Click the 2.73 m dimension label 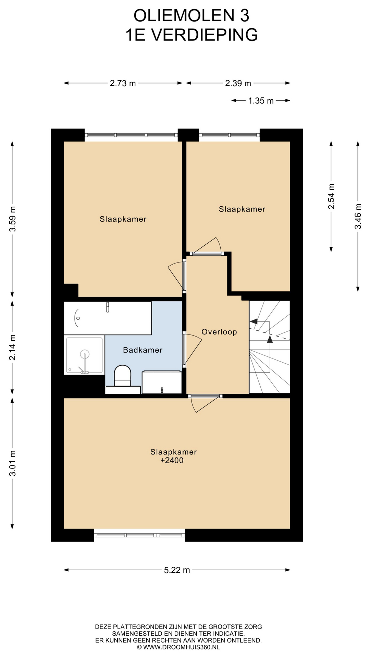[x=123, y=83]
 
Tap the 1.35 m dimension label [x=261, y=101]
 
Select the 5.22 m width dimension [x=177, y=570]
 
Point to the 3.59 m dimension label [x=13, y=219]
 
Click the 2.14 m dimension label [x=13, y=348]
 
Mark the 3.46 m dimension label [x=358, y=216]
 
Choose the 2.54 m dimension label [x=331, y=196]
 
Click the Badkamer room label [x=143, y=350]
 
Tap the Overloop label [x=219, y=332]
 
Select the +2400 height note [x=172, y=461]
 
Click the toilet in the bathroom [x=123, y=376]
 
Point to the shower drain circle [x=85, y=354]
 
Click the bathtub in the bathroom [x=108, y=318]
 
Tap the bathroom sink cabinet [x=162, y=382]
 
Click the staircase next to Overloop [x=270, y=347]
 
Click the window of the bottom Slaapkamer [x=139, y=535]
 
